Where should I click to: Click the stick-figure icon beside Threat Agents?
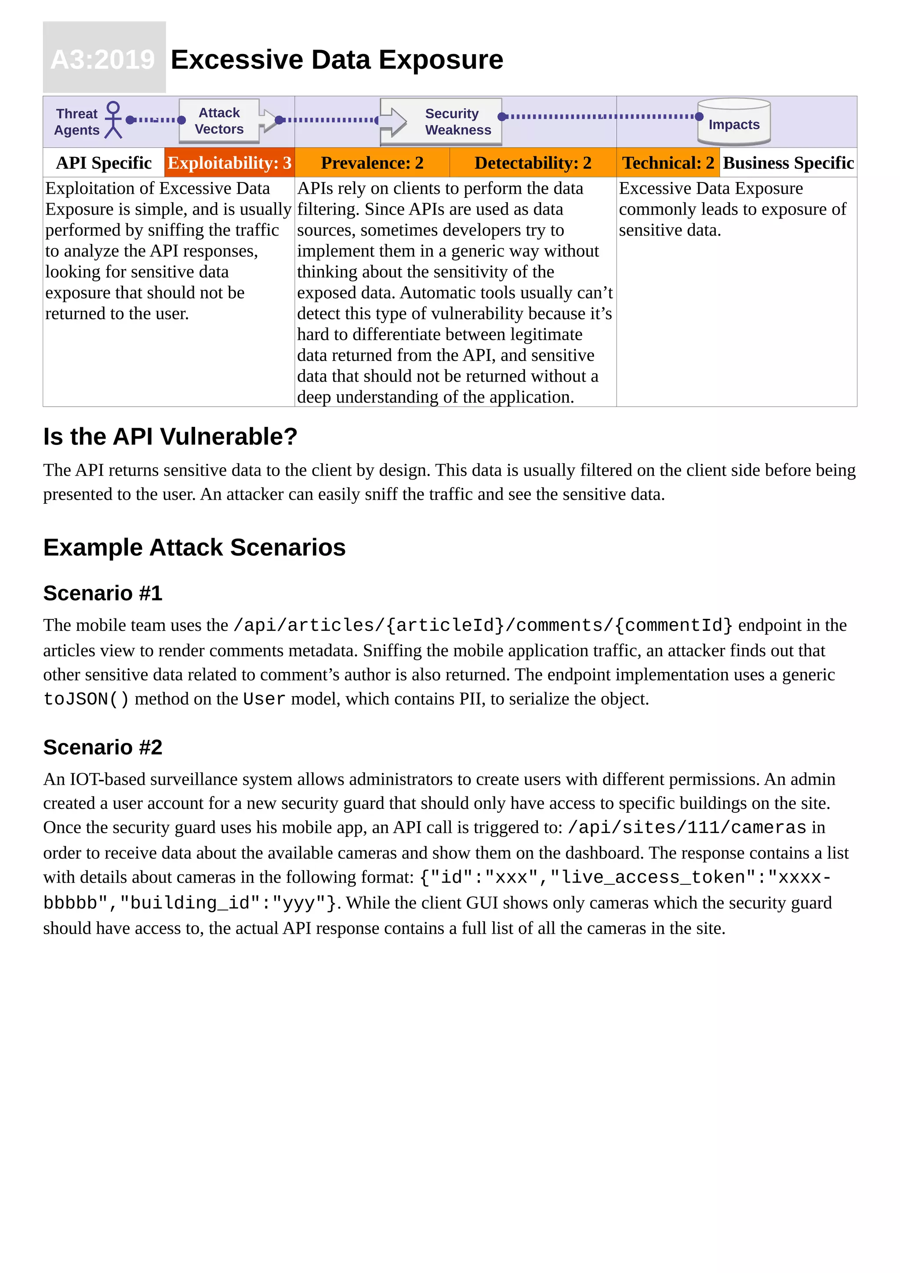(113, 119)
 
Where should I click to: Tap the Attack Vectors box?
(219, 121)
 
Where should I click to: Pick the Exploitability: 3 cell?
(229, 163)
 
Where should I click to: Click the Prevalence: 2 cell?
(372, 163)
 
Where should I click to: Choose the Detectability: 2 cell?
(533, 163)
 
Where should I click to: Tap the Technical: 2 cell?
(668, 163)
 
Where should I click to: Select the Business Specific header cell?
(787, 163)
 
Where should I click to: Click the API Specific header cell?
(104, 163)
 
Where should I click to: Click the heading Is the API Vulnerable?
(170, 436)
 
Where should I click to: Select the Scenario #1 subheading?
(102, 593)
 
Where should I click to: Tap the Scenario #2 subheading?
(102, 747)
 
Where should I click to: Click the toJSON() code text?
(86, 699)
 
